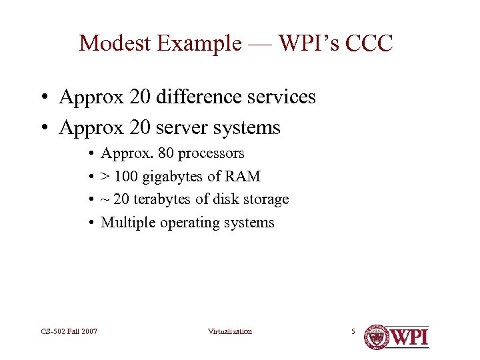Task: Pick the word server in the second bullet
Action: [184, 127]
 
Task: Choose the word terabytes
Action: [163, 199]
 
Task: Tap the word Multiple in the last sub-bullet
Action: [128, 223]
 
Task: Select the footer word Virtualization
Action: [229, 331]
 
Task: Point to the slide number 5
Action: [353, 331]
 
